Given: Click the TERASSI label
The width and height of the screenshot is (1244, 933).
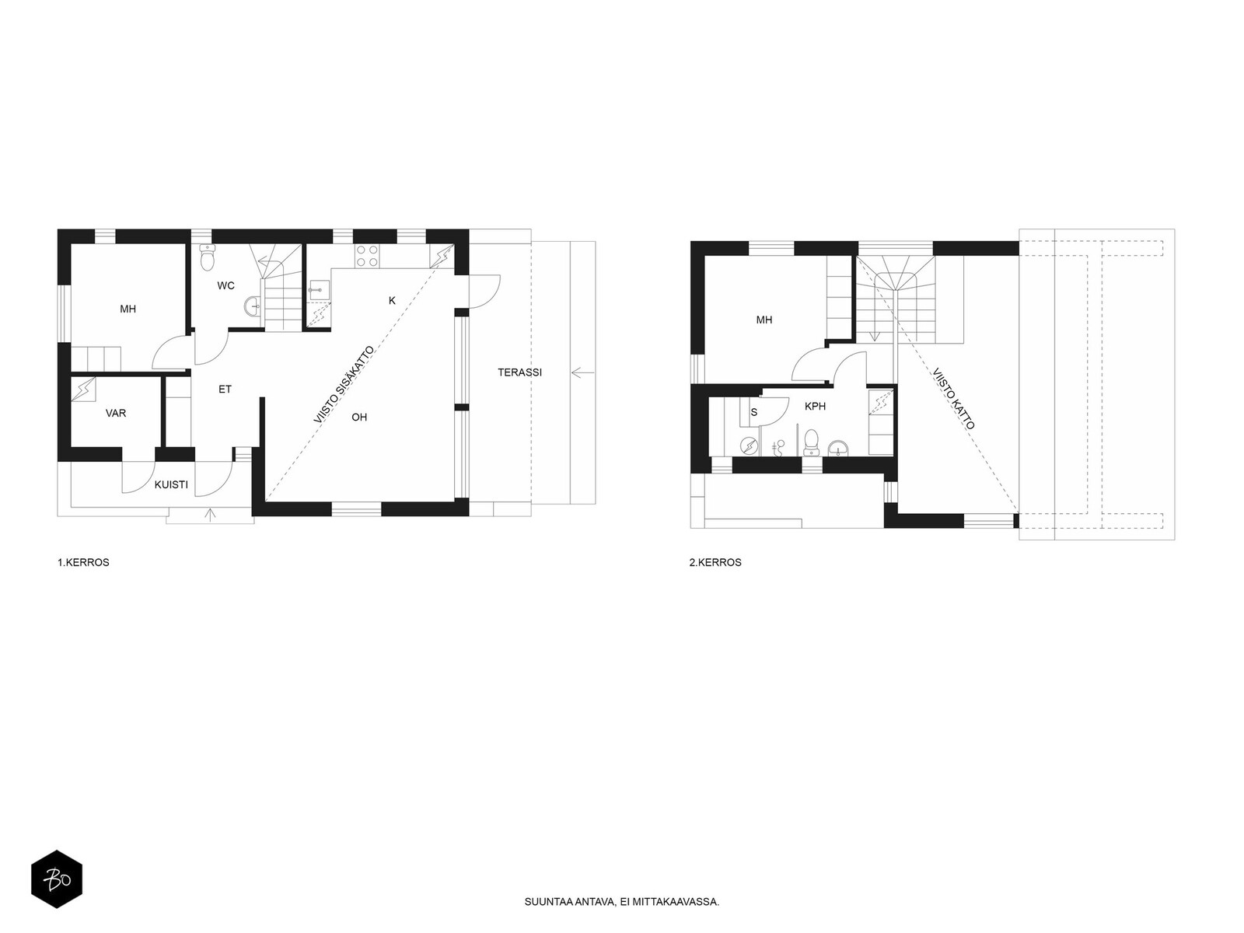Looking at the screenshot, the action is click(519, 372).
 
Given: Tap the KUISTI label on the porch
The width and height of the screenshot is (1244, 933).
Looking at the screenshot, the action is click(171, 484).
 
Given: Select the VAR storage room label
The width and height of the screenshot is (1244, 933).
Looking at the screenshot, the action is click(116, 413).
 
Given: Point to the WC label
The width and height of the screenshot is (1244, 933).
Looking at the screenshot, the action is click(225, 285).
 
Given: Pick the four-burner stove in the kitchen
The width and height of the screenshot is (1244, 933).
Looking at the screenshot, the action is click(366, 256).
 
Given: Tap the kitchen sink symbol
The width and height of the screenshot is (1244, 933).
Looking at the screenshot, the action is click(318, 290).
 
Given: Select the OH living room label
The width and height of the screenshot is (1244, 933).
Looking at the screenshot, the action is click(359, 417).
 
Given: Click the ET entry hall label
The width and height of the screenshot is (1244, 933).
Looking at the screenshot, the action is click(225, 390).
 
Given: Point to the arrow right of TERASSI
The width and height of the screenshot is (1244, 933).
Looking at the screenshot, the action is click(582, 372).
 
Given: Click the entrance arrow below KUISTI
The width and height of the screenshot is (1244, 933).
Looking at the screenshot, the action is click(210, 515).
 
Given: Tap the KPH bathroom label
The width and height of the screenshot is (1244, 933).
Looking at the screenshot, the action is click(815, 406).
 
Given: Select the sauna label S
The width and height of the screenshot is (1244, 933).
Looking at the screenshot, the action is click(753, 412).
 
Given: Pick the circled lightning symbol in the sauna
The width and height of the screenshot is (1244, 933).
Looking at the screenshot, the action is click(750, 446).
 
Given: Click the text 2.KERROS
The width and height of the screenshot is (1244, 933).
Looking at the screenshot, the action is click(715, 562).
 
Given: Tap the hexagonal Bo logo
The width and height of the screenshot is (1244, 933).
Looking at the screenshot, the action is click(57, 879).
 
